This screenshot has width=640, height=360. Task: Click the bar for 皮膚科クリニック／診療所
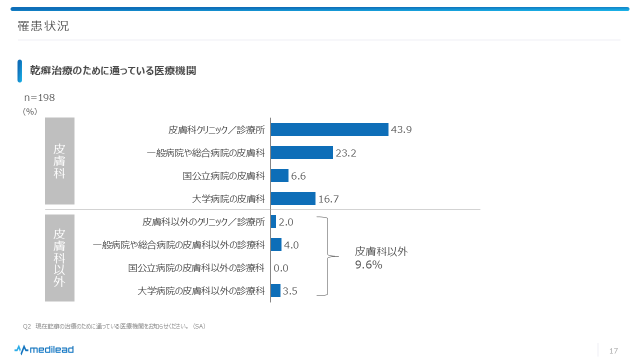point(329,129)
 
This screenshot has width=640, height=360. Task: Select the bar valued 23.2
point(301,152)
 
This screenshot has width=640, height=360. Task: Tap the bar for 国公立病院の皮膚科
point(279,175)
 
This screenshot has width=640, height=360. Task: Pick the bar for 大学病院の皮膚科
point(293,198)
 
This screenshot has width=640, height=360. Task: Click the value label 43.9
point(401,130)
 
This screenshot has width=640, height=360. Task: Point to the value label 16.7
point(328,199)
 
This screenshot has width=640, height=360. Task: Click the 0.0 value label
point(281,268)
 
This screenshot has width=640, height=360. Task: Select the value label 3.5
point(290,291)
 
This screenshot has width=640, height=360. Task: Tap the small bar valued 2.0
point(273,221)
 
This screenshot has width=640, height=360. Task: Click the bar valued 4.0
point(276,244)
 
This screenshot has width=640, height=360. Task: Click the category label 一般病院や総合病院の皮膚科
point(205,153)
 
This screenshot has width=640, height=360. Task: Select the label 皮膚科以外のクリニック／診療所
point(203,222)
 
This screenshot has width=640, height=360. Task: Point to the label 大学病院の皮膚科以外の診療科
point(200,291)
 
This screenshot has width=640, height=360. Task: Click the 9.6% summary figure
point(368,265)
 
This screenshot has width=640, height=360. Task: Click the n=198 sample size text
point(39,98)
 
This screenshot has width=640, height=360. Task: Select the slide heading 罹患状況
point(43,26)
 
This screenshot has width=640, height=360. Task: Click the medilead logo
point(44,349)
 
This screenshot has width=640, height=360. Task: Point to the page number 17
point(613,350)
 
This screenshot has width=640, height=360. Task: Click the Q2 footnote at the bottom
point(114,326)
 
